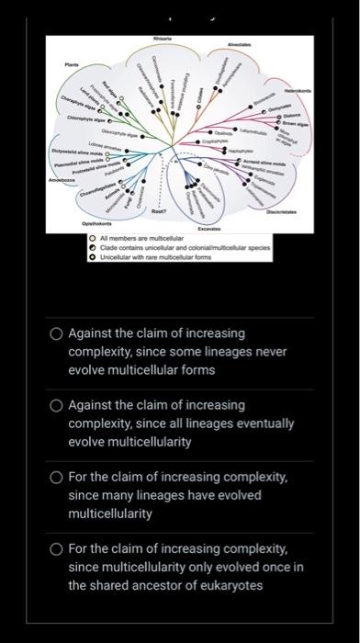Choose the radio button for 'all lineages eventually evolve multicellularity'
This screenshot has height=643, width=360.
tap(57, 406)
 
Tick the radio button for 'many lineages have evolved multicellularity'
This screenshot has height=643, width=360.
tap(57, 478)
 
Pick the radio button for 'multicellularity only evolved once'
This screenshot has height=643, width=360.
tap(57, 549)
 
